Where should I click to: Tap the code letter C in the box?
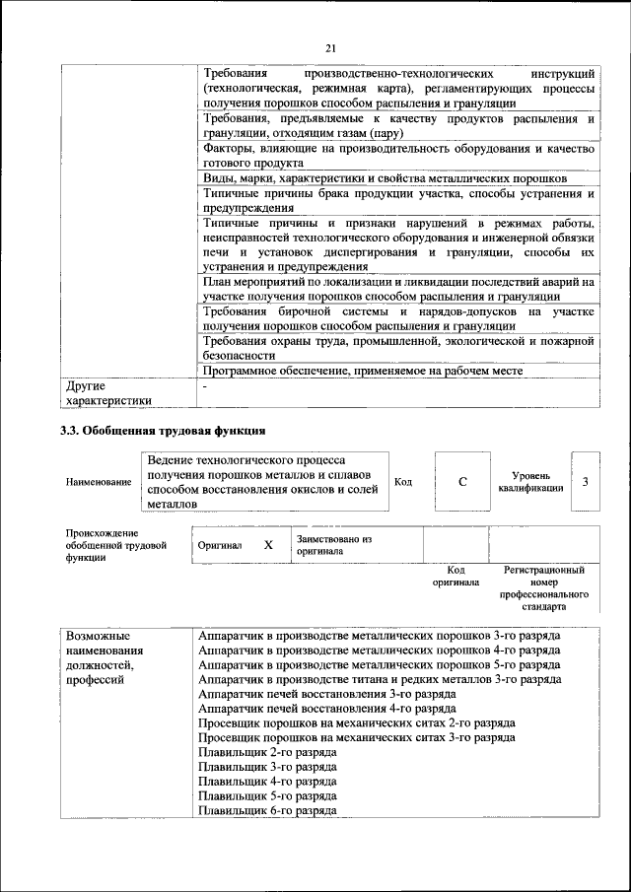coord(461,482)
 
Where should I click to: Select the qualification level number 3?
coord(586,481)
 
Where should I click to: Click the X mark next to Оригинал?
coord(267,545)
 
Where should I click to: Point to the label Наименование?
coord(99,482)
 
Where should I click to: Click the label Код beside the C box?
coord(403,481)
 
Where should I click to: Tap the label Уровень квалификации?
coord(530,481)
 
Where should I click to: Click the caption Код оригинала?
coord(456,576)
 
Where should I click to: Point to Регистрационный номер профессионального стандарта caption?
coord(544,588)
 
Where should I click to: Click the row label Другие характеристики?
coord(108,393)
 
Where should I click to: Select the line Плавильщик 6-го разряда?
coord(267,809)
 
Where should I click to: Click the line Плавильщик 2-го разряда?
coord(267,751)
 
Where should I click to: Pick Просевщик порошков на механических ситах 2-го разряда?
coord(356,722)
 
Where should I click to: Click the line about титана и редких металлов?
coord(380,679)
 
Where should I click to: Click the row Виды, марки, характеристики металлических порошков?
coord(385,178)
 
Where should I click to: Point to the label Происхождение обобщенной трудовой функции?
coord(109,545)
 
